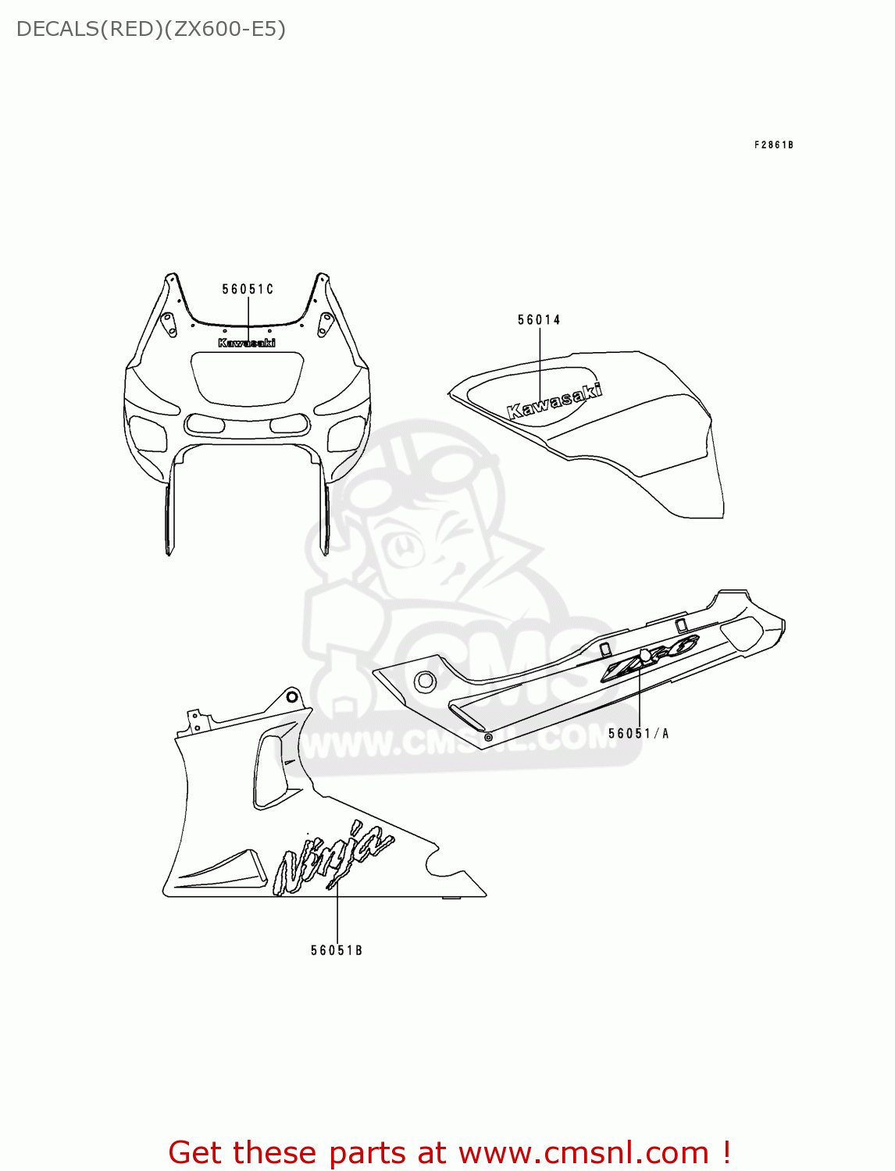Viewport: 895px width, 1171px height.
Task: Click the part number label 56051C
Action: click(248, 290)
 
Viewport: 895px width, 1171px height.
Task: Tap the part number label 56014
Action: click(539, 320)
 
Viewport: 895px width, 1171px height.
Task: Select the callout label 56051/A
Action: click(638, 734)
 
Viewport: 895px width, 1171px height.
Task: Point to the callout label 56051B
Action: click(337, 951)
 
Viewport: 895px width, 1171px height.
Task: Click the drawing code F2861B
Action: click(773, 145)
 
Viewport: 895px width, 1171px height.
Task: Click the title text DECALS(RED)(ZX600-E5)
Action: click(151, 30)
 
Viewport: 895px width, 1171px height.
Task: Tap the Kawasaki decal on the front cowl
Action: click(247, 343)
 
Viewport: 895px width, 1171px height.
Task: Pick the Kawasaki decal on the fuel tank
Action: click(554, 400)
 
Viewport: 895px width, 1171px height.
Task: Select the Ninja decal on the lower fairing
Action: click(333, 858)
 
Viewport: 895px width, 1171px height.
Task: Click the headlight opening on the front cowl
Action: click(247, 378)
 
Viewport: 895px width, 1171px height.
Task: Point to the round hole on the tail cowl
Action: click(425, 681)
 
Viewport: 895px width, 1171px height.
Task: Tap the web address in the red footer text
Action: click(583, 1153)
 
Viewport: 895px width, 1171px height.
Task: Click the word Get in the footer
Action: click(198, 1153)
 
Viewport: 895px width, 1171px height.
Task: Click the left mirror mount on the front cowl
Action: click(168, 323)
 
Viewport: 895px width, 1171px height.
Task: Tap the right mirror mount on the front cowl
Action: click(326, 323)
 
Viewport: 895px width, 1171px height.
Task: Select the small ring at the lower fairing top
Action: click(292, 696)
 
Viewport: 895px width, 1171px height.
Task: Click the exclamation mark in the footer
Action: click(726, 1153)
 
